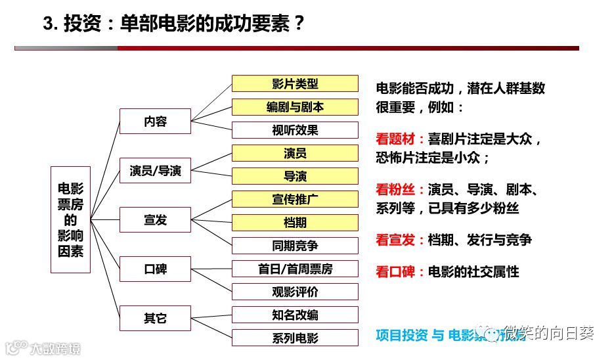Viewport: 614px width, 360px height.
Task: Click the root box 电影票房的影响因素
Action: (70, 219)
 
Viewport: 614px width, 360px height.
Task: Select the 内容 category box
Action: (155, 122)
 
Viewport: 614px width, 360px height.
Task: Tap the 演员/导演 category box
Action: (155, 171)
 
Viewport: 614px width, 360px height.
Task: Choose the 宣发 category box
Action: (155, 219)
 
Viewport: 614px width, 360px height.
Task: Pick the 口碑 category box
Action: (155, 269)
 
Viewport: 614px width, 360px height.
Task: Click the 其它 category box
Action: (155, 319)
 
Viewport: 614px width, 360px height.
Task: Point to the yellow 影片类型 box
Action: (295, 83)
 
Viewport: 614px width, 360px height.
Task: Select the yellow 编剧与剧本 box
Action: (295, 106)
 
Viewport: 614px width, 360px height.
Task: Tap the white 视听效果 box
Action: (295, 129)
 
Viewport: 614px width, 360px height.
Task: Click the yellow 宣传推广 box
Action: (295, 199)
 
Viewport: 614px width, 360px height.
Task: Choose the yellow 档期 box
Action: (295, 222)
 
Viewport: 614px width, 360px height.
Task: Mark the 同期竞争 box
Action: (295, 245)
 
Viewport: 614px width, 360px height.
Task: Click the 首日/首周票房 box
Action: (295, 269)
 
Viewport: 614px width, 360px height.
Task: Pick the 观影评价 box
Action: (295, 292)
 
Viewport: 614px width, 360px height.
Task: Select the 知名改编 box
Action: (295, 315)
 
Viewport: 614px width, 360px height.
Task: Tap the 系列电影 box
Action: (295, 338)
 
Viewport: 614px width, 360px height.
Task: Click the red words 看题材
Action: (396, 139)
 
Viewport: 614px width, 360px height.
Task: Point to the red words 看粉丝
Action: (396, 191)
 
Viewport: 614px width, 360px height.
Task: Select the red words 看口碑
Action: (396, 271)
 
